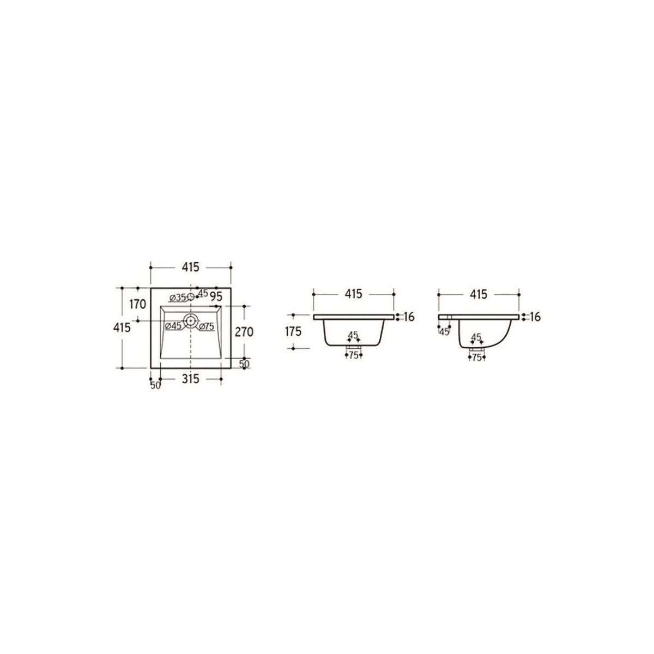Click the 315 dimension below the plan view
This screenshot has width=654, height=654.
pos(190,379)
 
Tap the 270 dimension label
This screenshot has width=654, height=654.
pos(244,331)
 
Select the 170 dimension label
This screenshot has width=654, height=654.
pos(137,305)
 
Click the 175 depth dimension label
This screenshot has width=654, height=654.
pos(293,331)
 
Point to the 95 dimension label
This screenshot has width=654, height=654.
pos(216,296)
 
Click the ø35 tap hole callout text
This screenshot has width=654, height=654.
pos(178,298)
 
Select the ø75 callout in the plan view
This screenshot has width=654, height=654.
pos(207,326)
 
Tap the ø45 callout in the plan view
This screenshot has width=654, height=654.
pos(173,326)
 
